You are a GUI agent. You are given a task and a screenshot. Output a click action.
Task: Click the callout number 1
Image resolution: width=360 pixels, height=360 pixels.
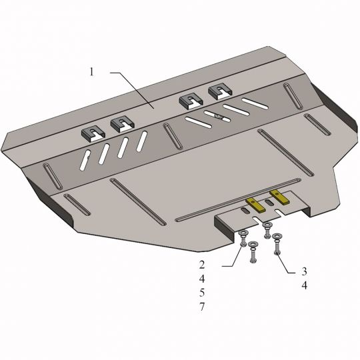pos(92,72)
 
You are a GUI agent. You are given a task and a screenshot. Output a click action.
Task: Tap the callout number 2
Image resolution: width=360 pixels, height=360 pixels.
pos(202,265)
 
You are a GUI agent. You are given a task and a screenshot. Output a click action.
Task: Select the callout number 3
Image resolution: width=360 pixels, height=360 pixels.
pos(304,271)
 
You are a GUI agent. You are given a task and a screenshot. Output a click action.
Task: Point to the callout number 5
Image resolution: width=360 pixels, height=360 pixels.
pos(202,293)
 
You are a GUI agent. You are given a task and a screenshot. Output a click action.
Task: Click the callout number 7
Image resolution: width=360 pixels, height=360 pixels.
pos(202,307)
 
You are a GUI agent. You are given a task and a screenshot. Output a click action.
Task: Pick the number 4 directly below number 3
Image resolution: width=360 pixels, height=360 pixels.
pos(304,285)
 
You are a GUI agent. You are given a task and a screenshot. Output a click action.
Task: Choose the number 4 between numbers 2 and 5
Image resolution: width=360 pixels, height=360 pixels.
pos(202,279)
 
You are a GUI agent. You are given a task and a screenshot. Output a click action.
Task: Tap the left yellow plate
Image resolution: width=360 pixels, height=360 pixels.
pos(255,205)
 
